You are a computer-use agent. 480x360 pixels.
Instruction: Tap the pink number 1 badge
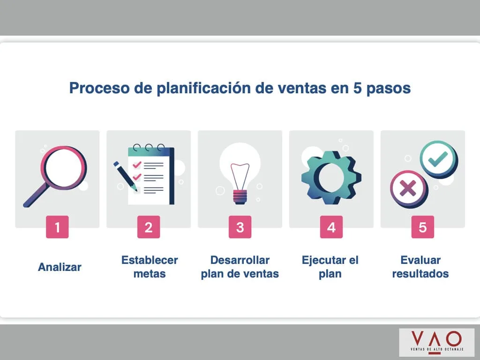click(x=57, y=227)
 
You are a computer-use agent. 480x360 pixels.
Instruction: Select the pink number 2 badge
click(x=149, y=227)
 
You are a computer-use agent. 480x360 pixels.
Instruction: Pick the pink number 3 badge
click(x=240, y=227)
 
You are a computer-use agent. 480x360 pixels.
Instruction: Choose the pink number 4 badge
click(x=331, y=227)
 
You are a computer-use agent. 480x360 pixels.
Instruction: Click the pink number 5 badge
click(x=423, y=227)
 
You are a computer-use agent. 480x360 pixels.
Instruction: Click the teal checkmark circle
click(x=437, y=159)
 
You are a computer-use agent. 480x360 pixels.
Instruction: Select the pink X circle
click(x=407, y=188)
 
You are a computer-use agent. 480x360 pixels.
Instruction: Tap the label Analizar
click(x=60, y=267)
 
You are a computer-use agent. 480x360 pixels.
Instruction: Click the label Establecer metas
click(x=150, y=267)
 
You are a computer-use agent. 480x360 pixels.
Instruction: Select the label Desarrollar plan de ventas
click(x=240, y=267)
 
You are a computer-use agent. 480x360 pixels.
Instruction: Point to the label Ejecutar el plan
click(x=330, y=267)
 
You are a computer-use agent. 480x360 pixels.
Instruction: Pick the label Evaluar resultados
click(x=420, y=267)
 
